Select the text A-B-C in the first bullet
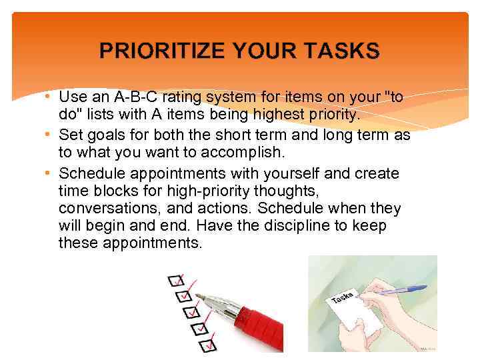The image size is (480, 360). [137, 97]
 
